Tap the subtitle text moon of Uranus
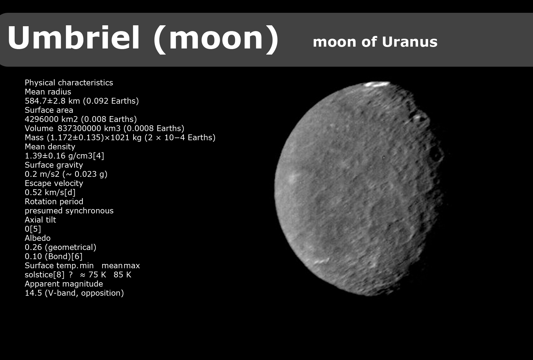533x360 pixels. [x=375, y=42]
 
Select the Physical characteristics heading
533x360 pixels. [x=69, y=83]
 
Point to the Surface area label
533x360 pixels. [x=49, y=110]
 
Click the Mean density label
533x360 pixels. [x=50, y=147]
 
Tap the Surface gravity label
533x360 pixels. [x=54, y=165]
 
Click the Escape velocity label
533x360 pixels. [x=54, y=183]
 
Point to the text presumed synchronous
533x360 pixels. [x=69, y=211]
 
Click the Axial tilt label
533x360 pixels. [x=40, y=220]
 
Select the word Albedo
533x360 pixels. [x=38, y=238]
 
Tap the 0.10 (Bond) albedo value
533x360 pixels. [x=54, y=257]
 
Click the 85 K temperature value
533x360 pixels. [x=122, y=275]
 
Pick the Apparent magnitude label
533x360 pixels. [x=64, y=284]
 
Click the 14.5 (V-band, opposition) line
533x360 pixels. [x=74, y=293]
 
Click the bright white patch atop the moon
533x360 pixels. [x=377, y=84]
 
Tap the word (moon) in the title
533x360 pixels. [x=216, y=39]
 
